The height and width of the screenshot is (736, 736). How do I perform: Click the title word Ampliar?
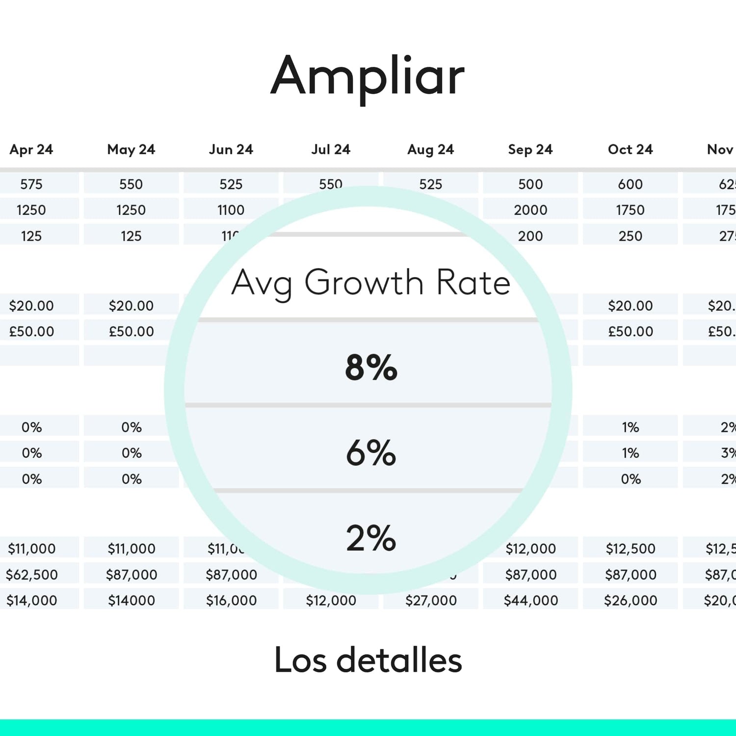[368, 77]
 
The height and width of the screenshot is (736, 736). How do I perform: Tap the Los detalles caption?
[368, 660]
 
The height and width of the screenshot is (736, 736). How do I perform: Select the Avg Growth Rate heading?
[371, 283]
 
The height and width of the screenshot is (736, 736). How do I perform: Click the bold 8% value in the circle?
[371, 367]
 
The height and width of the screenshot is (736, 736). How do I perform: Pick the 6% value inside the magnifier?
[371, 452]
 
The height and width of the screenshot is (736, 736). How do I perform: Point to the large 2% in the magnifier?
[371, 538]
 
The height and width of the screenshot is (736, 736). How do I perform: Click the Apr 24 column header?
[31, 149]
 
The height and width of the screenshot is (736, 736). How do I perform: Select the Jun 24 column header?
[231, 149]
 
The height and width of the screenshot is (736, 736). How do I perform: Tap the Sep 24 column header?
[530, 149]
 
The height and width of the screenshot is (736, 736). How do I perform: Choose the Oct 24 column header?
[631, 149]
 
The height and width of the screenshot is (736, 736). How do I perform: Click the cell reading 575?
[31, 184]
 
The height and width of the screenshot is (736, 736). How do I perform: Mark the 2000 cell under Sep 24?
[530, 210]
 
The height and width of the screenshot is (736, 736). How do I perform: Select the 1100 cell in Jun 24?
[231, 210]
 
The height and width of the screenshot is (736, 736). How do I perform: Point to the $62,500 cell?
[32, 574]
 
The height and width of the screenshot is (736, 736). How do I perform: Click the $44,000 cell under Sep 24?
[531, 600]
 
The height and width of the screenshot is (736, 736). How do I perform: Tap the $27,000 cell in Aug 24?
[431, 600]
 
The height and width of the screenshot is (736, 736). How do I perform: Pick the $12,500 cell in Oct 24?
[631, 549]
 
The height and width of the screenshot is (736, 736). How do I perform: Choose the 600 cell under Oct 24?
[631, 184]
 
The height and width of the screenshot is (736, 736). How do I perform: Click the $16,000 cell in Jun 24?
[231, 600]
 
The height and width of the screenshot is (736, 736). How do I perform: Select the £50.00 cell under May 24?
[131, 331]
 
